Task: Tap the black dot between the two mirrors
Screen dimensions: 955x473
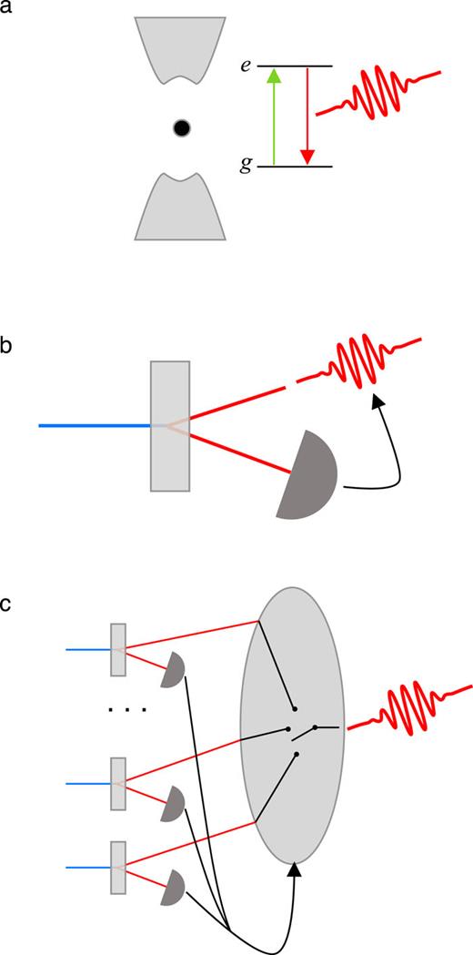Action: pyautogui.click(x=182, y=128)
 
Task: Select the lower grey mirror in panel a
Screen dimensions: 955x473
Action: pyautogui.click(x=180, y=208)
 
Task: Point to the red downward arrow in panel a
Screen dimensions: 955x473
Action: pyautogui.click(x=307, y=116)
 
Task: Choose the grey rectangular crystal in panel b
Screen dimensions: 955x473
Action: pyautogui.click(x=170, y=425)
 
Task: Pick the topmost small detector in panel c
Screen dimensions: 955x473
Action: pyautogui.click(x=173, y=673)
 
